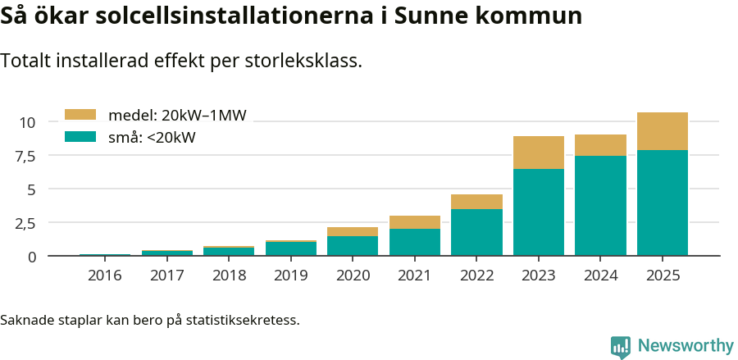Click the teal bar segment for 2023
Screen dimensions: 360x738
click(x=539, y=212)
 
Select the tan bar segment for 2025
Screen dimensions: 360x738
click(x=663, y=131)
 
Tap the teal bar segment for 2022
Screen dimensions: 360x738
click(x=476, y=232)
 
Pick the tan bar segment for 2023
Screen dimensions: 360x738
click(x=539, y=153)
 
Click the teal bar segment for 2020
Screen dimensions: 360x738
click(x=353, y=246)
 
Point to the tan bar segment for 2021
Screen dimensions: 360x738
click(x=415, y=222)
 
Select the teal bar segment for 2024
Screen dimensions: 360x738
click(x=600, y=206)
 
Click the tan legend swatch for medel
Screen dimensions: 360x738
click(x=80, y=115)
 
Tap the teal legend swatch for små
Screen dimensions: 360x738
click(x=80, y=137)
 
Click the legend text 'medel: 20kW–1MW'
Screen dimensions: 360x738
click(x=177, y=115)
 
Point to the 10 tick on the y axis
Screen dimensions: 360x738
click(x=27, y=122)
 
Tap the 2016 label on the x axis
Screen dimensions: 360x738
click(x=104, y=276)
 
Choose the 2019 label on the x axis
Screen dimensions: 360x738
click(x=290, y=276)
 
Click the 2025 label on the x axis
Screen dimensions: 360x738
click(x=663, y=276)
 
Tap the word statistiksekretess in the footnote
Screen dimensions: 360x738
click(x=242, y=319)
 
